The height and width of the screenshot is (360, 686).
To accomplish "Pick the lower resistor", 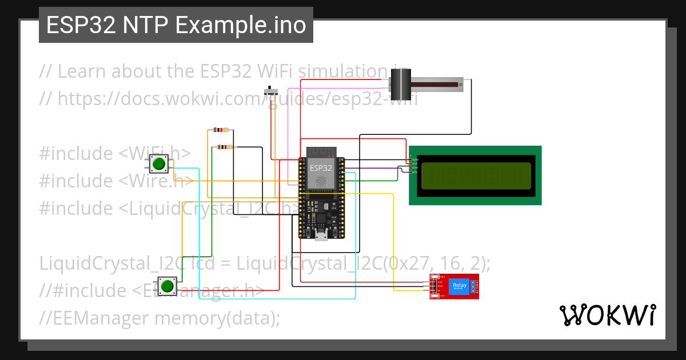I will tap(225, 147).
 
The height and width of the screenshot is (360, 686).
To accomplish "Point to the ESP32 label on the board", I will tap(321, 169).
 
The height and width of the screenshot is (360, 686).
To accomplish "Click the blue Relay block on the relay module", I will tap(458, 286).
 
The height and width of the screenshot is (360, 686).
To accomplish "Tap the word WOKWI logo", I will tap(607, 315).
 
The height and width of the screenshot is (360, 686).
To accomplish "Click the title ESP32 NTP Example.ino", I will tap(176, 25).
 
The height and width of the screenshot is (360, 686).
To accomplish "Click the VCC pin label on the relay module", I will tap(440, 282).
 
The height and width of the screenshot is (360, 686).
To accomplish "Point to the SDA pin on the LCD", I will tap(414, 167).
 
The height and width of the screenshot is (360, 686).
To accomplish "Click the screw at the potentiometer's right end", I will tap(460, 85).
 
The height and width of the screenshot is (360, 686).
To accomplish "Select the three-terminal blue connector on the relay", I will tap(474, 286).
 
